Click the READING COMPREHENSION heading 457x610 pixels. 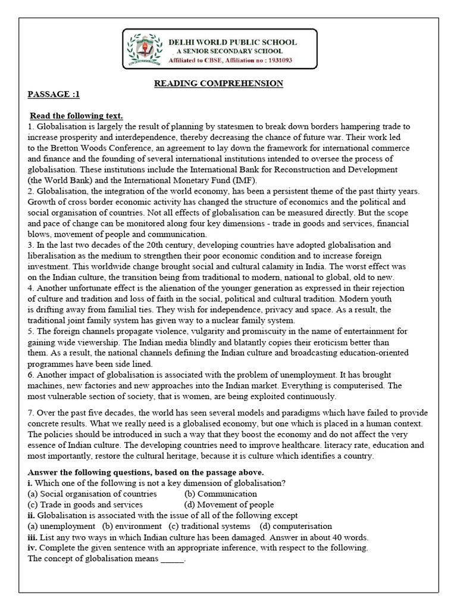click(x=219, y=83)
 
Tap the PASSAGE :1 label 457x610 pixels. click(x=54, y=94)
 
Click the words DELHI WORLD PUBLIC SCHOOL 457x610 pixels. click(x=233, y=42)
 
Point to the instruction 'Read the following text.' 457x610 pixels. click(x=76, y=116)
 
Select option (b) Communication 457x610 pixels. click(x=221, y=494)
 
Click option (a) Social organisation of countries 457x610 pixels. click(x=92, y=494)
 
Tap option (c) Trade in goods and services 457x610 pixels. click(x=85, y=505)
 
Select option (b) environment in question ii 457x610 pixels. click(x=132, y=526)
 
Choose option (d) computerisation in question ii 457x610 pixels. click(x=296, y=526)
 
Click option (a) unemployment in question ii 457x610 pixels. click(x=61, y=526)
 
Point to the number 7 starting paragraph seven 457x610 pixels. click(x=30, y=413)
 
